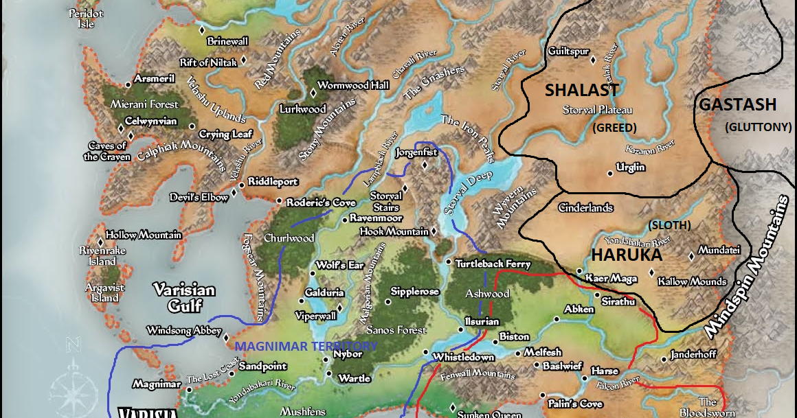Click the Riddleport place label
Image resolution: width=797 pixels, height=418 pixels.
(273, 182)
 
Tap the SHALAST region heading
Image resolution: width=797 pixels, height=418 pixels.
(582, 90)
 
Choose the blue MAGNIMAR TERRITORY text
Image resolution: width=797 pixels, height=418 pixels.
(306, 346)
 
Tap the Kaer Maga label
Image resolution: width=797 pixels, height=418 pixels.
(607, 279)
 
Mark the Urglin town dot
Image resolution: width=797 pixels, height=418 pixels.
(609, 173)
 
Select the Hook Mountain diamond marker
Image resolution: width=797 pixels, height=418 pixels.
(434, 232)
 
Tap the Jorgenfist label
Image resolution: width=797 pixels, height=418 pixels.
(416, 152)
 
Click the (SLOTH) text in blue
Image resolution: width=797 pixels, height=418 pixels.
(670, 225)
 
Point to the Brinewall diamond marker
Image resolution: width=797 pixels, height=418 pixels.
(201, 31)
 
